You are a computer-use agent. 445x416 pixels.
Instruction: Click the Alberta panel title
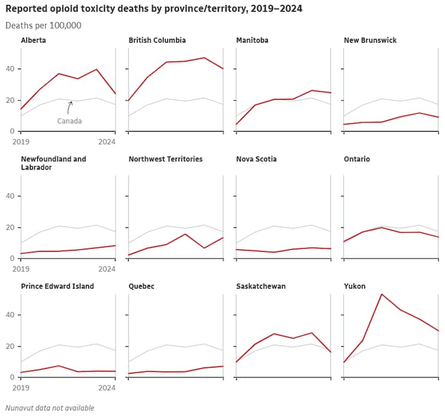(x=33, y=40)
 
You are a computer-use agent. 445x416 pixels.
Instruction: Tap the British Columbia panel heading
(x=157, y=40)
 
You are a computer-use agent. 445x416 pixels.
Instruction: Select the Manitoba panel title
(x=253, y=40)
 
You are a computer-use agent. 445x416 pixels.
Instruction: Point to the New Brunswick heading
(x=370, y=40)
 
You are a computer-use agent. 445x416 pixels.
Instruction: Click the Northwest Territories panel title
(x=165, y=159)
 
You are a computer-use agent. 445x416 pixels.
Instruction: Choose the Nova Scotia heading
(x=255, y=159)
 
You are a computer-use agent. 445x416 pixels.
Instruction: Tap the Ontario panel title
(x=357, y=159)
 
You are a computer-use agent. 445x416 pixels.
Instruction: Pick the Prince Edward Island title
(x=57, y=286)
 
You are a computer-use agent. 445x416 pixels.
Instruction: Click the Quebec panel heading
(x=141, y=286)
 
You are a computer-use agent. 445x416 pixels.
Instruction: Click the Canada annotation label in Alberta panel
(x=69, y=121)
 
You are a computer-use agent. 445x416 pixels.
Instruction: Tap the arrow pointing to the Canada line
(x=70, y=107)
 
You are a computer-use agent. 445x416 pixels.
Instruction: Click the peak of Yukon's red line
(x=381, y=294)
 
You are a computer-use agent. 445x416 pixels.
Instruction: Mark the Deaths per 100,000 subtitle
(x=43, y=25)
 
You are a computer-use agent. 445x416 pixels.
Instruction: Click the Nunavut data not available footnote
(x=50, y=408)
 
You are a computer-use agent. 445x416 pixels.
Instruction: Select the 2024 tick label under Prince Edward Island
(x=106, y=388)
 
